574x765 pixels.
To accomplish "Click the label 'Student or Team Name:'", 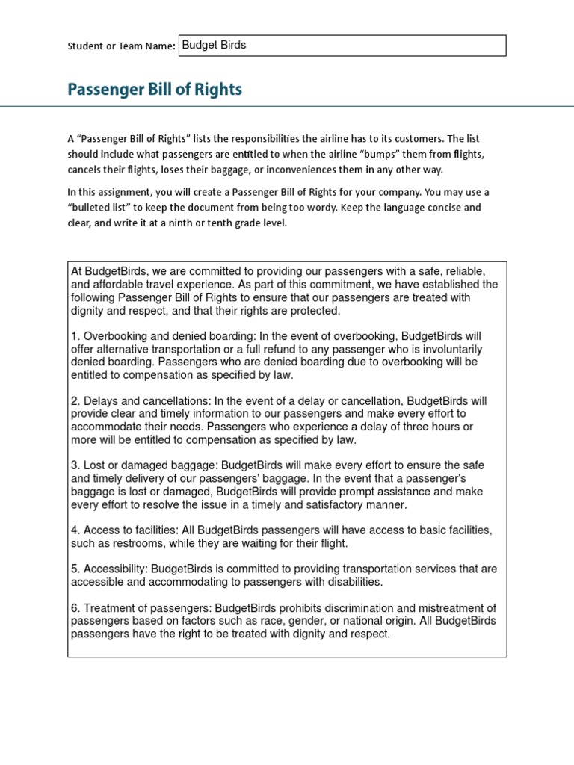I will point(121,46).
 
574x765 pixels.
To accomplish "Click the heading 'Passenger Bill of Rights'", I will point(155,90).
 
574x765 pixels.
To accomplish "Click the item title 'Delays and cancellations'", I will point(144,401).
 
